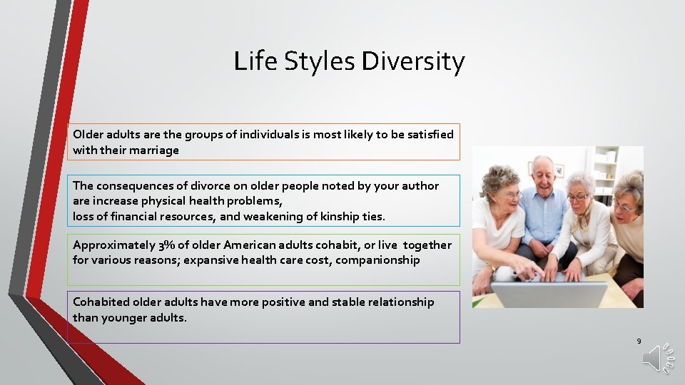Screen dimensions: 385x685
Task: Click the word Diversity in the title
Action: point(412,61)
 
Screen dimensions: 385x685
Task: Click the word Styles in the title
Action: point(320,61)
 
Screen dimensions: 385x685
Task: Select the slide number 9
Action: point(639,342)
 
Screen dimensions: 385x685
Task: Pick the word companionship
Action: point(377,260)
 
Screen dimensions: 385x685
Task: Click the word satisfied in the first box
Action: point(428,134)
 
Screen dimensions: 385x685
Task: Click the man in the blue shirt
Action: point(543,207)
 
